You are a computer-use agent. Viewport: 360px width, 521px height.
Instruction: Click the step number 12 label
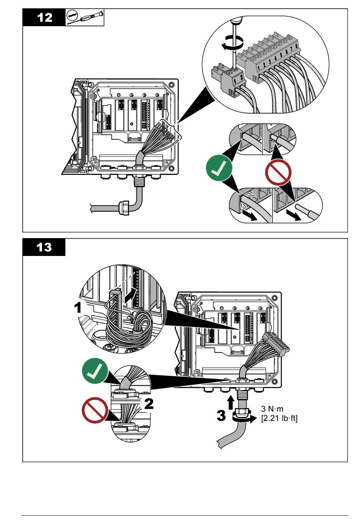(x=45, y=17)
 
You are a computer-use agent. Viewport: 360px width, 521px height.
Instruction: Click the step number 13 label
(x=44, y=247)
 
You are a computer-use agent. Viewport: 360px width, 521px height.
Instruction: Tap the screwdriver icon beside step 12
(x=85, y=17)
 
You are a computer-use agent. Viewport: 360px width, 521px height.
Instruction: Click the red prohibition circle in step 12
(x=279, y=172)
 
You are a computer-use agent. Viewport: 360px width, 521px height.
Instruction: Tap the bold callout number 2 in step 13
(x=149, y=403)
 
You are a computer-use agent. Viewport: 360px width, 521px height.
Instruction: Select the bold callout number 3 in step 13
(x=221, y=415)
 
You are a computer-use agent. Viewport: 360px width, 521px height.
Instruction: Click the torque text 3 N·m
(x=272, y=409)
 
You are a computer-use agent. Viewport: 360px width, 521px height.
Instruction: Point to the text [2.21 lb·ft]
(x=279, y=419)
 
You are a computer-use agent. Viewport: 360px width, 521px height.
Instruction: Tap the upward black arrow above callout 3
(x=230, y=402)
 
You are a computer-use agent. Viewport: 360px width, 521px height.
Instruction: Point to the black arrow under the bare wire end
(x=295, y=215)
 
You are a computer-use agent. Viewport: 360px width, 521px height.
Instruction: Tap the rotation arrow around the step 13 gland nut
(x=243, y=419)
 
